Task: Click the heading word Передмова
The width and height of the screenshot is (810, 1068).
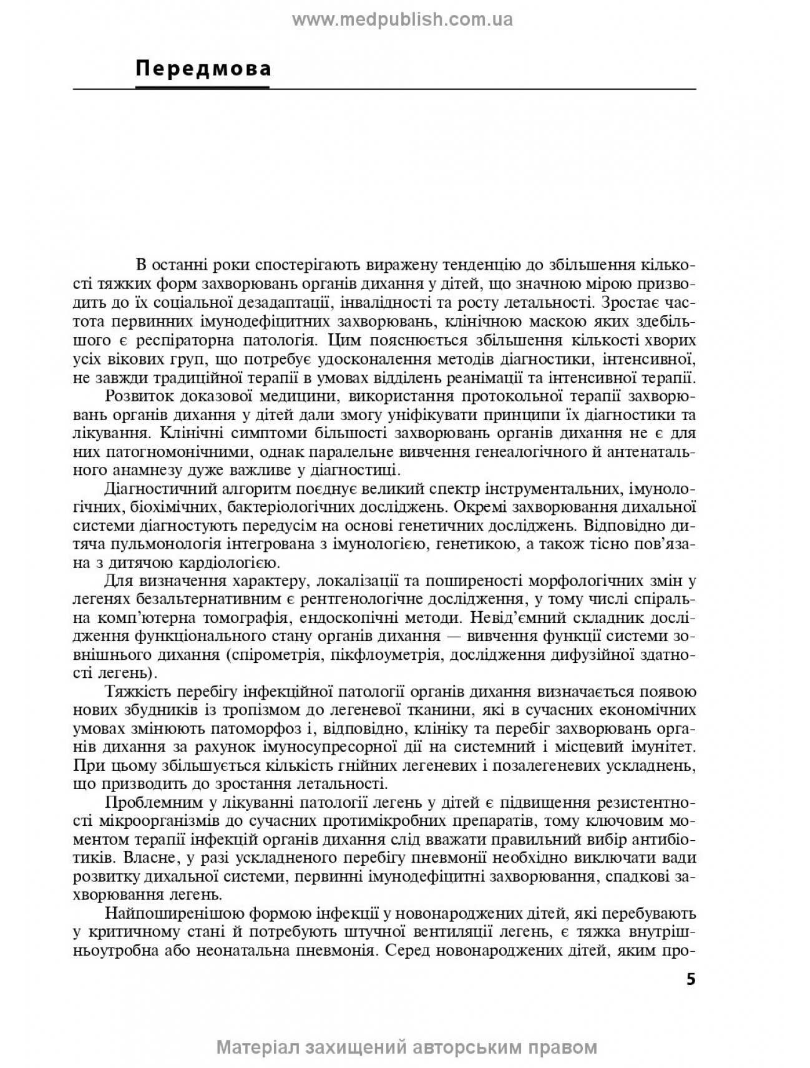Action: click(x=203, y=67)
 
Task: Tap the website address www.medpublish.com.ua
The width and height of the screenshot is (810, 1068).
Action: click(x=403, y=20)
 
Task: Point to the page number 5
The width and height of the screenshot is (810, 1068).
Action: click(x=690, y=979)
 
